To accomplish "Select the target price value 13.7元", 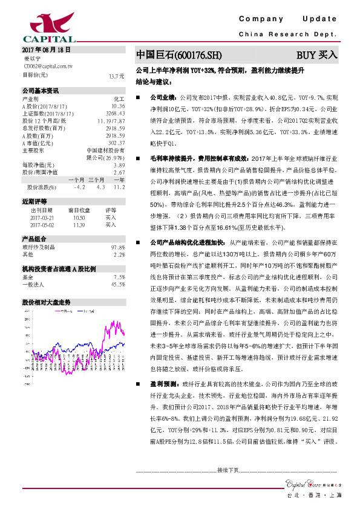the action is [x=116, y=76].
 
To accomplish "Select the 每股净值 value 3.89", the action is [x=119, y=164].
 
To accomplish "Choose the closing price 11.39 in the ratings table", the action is [x=79, y=224].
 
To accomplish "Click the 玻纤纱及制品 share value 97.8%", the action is [x=117, y=247].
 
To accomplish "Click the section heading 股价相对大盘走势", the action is [x=47, y=300].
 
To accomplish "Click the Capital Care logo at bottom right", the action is [x=309, y=482].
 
